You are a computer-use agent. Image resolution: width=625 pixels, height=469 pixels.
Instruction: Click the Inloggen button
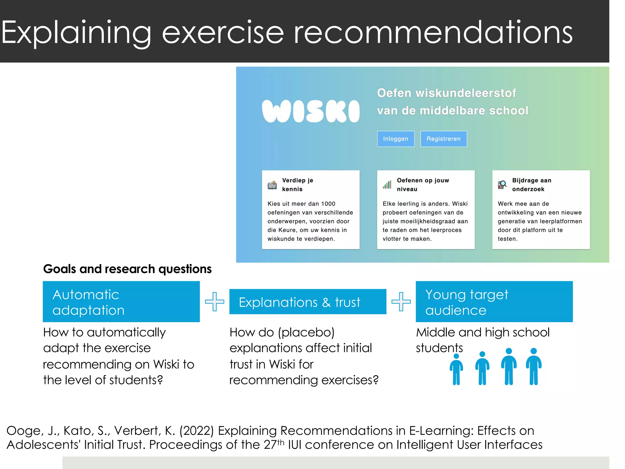396,139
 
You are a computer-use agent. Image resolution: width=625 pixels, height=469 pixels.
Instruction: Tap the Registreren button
443,139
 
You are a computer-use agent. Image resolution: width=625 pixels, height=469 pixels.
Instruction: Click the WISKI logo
311,111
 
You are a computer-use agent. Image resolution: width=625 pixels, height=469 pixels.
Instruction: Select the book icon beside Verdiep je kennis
272,185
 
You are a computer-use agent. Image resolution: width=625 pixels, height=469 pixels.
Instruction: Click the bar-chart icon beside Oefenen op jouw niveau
387,185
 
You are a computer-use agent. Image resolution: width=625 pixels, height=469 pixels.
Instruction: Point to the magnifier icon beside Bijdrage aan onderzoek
502,184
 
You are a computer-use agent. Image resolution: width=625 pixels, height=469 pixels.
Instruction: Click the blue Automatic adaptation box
121,302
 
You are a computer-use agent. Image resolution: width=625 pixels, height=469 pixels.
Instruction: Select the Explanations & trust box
308,302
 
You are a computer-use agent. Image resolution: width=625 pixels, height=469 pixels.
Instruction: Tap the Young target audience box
494,302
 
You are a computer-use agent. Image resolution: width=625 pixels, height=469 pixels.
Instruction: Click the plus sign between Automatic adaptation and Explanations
215,302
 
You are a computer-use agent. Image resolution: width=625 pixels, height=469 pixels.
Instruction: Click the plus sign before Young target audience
401,302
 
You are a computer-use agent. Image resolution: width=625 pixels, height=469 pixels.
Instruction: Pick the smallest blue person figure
456,369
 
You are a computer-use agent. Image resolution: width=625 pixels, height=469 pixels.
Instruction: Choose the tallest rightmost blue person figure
533,366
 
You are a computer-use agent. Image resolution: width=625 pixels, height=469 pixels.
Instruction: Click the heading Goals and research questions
127,269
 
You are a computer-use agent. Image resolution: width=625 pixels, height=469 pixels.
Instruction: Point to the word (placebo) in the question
306,332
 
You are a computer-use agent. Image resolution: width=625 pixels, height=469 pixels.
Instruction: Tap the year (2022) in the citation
197,431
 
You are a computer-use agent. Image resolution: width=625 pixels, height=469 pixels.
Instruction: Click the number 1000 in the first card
328,204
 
